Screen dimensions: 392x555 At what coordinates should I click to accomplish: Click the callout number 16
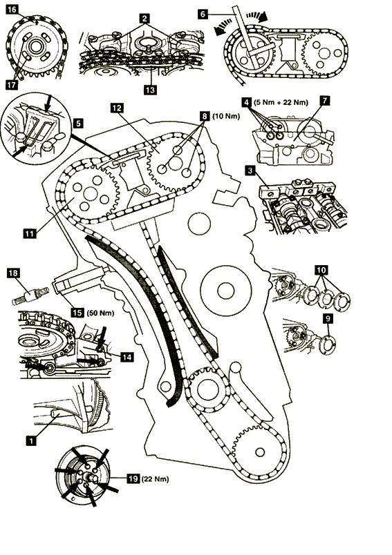(x=12, y=9)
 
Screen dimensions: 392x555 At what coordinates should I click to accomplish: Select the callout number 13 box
(x=150, y=90)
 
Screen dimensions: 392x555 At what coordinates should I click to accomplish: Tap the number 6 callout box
(x=203, y=14)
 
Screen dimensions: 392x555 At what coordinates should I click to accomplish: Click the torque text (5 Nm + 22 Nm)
(x=281, y=103)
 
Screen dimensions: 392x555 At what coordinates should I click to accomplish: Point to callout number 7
(x=324, y=100)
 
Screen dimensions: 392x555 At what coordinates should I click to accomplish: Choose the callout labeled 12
(x=117, y=108)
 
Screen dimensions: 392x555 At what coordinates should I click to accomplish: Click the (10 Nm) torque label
(x=226, y=116)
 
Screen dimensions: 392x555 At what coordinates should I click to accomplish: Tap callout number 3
(x=250, y=171)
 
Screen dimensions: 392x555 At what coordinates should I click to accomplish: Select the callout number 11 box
(x=30, y=233)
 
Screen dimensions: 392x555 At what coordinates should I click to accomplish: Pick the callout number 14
(x=127, y=357)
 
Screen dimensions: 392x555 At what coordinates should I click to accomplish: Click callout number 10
(x=321, y=271)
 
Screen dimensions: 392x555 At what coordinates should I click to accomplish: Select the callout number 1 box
(x=32, y=440)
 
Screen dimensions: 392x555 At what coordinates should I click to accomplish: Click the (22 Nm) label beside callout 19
(x=155, y=479)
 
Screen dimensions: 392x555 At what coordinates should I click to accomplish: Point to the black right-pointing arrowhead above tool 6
(x=263, y=17)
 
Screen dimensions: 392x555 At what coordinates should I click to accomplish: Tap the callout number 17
(x=12, y=85)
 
